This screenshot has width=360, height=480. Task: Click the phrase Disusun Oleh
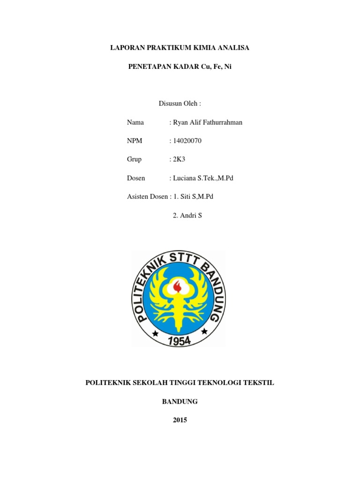(180, 104)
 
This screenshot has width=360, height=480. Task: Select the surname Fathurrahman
(222, 122)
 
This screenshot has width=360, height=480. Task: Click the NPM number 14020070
(187, 141)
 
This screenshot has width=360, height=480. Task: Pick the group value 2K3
(180, 159)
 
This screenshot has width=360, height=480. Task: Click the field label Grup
(134, 159)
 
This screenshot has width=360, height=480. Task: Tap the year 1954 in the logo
(179, 340)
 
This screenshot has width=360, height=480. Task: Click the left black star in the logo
(155, 333)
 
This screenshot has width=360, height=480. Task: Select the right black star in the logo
(204, 331)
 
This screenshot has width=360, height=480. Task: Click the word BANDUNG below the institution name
(180, 402)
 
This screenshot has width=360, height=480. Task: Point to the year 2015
(180, 420)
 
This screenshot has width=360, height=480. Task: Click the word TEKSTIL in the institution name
(261, 383)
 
